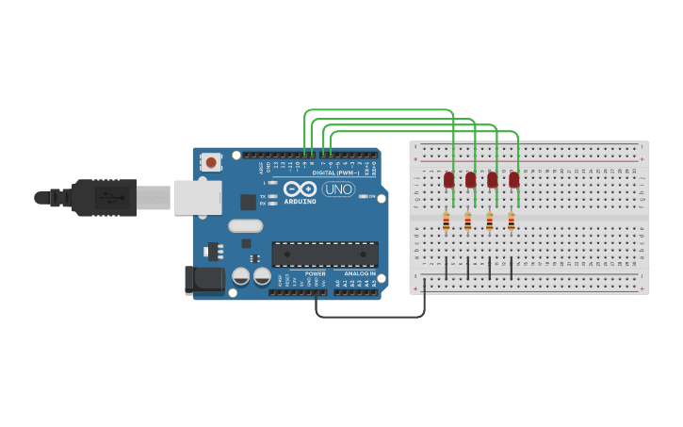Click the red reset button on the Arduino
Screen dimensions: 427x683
click(x=210, y=162)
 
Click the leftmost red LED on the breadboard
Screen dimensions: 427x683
click(x=448, y=179)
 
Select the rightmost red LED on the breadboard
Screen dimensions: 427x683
click(x=513, y=179)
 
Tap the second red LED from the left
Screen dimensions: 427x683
click(x=470, y=179)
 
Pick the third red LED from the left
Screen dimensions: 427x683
click(x=492, y=179)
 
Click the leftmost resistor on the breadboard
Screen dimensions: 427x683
click(x=447, y=222)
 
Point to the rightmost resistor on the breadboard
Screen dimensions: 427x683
click(x=512, y=222)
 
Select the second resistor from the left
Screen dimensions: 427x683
click(x=468, y=222)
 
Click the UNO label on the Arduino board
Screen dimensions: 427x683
click(x=338, y=189)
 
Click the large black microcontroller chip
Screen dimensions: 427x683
click(x=324, y=254)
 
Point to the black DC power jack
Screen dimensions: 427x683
click(x=204, y=279)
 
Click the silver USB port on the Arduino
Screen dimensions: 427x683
click(x=198, y=198)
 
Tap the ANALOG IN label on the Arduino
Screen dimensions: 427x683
click(x=358, y=273)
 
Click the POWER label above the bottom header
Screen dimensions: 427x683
click(x=315, y=273)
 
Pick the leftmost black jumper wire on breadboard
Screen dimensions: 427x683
click(x=447, y=267)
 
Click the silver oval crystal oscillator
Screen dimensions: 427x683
click(x=245, y=225)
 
